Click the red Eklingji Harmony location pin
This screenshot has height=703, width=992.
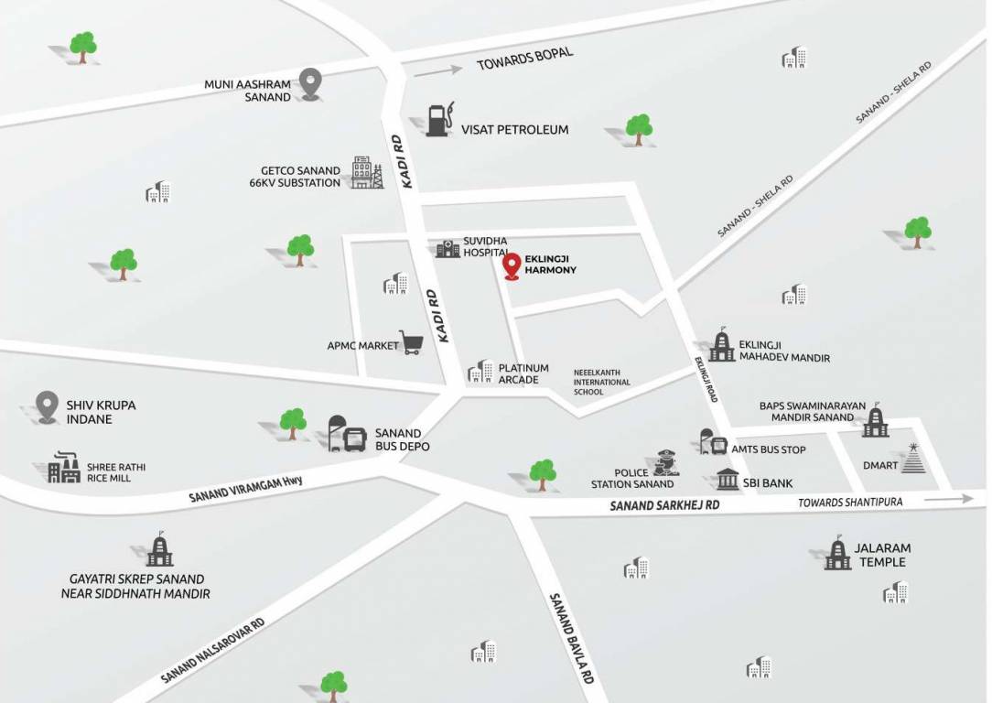(512, 265)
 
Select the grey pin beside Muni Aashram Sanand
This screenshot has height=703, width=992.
(312, 84)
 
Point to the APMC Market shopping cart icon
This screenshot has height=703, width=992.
(411, 343)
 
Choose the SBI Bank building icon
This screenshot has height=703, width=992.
(728, 479)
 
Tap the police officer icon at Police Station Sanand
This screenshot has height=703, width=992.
(667, 463)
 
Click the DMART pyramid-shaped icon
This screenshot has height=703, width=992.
(912, 459)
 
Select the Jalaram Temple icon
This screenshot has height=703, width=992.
(836, 553)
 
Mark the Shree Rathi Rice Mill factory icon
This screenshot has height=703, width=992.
(64, 468)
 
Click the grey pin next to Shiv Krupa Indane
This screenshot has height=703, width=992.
(48, 406)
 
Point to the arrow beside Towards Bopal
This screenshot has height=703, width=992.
(437, 70)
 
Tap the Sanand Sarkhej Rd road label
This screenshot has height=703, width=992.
(665, 505)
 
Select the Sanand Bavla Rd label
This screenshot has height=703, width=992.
(573, 638)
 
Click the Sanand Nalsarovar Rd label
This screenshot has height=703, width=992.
(212, 650)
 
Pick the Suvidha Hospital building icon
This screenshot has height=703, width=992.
(447, 248)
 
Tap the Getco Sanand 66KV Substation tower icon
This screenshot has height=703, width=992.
(367, 173)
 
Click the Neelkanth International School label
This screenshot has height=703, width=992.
(601, 382)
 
